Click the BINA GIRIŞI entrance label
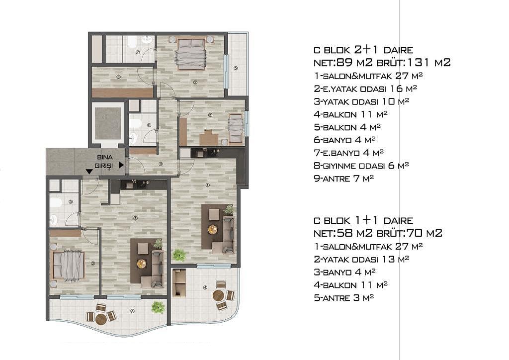[x=105, y=161]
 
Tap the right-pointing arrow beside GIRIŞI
[x=121, y=165]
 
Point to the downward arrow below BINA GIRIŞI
[x=89, y=172]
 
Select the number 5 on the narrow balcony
[x=235, y=68]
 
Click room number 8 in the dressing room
[x=118, y=77]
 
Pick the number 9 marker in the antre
[x=161, y=164]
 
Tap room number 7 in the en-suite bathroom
[x=138, y=52]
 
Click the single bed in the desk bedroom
[x=236, y=129]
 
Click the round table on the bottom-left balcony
[x=101, y=319]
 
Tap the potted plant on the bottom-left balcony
[x=158, y=307]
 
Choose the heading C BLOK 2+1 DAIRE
[x=363, y=50]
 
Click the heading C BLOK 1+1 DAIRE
[x=363, y=220]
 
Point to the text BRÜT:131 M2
[x=414, y=62]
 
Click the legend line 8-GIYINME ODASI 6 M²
[x=361, y=166]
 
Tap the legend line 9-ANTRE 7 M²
[x=344, y=178]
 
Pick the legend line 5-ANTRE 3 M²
[x=344, y=298]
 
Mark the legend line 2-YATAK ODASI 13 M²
[x=361, y=259]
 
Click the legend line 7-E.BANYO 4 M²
[x=348, y=153]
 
